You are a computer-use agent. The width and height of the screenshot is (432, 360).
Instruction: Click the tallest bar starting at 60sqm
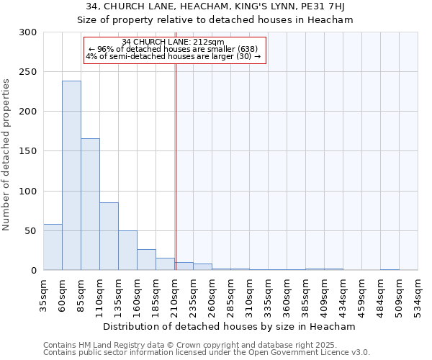point(71,176)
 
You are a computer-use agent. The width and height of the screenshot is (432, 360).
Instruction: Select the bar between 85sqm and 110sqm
point(90,204)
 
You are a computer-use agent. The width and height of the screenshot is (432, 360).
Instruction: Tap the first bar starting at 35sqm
point(53,247)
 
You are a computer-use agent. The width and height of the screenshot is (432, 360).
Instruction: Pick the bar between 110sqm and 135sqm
point(109,236)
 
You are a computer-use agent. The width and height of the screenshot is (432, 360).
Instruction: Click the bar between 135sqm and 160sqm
point(127,251)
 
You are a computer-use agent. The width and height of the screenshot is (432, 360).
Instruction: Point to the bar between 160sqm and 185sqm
point(146,259)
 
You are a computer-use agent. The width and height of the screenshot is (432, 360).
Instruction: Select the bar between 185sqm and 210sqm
point(165,264)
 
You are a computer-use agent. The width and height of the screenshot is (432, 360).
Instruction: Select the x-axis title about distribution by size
point(230,326)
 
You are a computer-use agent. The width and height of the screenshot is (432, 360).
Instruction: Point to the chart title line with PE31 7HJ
point(215,6)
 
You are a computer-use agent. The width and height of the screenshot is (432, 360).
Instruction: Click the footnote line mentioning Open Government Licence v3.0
point(207,353)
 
